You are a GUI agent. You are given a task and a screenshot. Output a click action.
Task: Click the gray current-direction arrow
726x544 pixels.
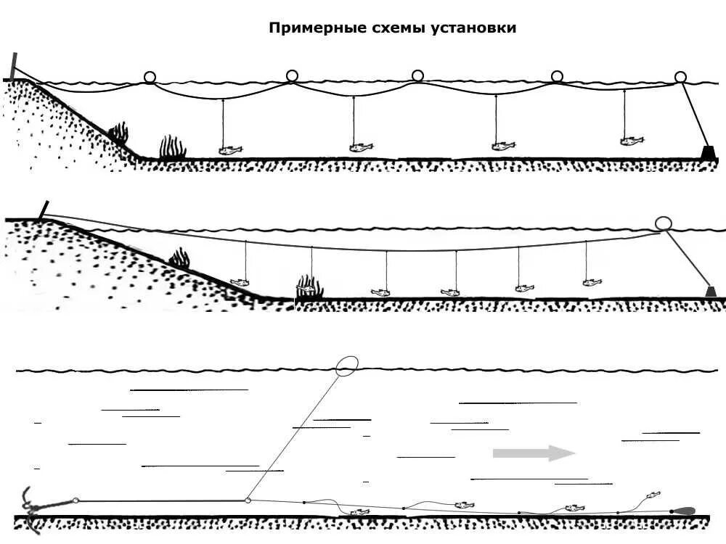point(534,453)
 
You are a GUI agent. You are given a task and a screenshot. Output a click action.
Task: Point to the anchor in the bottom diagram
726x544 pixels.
point(33,508)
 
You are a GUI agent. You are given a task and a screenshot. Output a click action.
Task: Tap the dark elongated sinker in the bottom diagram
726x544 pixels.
point(683,511)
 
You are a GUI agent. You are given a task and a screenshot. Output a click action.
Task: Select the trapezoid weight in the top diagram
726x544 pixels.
point(706,152)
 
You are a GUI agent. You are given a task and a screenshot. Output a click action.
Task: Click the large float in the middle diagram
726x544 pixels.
point(663,223)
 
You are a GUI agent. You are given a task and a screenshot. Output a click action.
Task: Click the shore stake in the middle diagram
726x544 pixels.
point(44,210)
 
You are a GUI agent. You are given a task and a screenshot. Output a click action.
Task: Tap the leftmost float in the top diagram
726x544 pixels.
point(150,77)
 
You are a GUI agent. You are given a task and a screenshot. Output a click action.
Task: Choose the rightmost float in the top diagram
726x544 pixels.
point(680,77)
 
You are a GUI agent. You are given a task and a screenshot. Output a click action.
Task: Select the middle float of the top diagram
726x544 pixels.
point(417,76)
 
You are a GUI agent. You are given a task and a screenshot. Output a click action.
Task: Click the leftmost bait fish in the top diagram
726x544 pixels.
point(230,149)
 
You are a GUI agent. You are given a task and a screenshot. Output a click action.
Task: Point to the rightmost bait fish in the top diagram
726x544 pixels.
point(632,139)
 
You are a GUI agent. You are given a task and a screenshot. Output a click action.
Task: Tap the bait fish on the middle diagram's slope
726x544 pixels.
point(240,281)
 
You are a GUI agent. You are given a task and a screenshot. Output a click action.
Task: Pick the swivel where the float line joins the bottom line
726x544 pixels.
point(248,500)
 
